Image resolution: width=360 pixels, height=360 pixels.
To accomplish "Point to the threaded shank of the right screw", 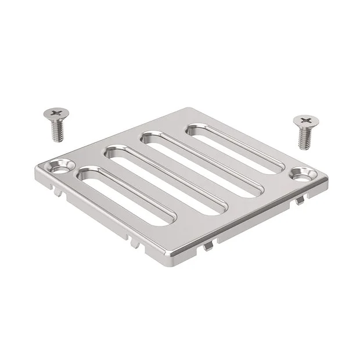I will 303,136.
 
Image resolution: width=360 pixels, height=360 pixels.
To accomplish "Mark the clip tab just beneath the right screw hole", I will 300,200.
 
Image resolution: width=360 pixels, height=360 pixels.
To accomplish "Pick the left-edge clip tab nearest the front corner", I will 135,242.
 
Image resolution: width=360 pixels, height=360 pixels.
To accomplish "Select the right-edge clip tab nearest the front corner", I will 207,246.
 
